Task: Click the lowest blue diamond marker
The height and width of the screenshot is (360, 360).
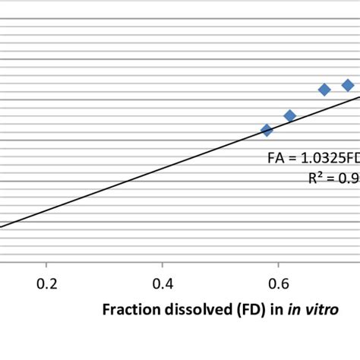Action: coord(267,131)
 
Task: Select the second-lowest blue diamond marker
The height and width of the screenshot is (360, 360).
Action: coord(289,116)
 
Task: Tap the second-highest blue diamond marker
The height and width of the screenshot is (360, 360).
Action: coord(324,90)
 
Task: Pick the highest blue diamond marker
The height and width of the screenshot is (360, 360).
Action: coord(348,85)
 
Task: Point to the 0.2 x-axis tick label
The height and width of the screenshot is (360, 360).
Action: coord(47,284)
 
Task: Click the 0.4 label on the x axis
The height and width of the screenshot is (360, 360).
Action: coord(163,284)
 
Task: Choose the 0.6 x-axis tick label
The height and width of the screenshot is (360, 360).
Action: coord(279,284)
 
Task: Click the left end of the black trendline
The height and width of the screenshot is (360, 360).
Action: coord(2,226)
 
